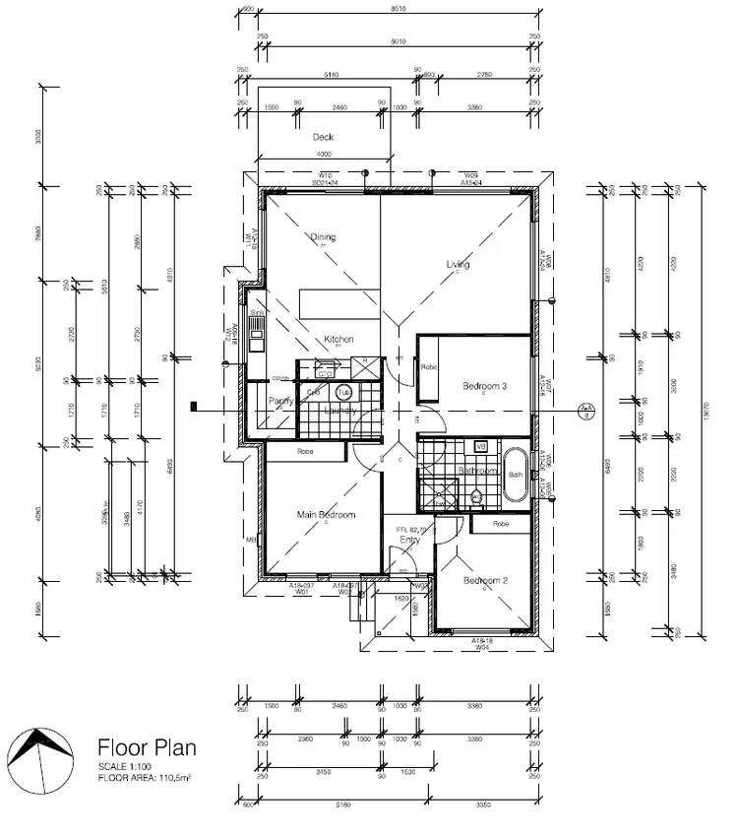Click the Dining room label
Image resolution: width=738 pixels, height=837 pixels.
(x=323, y=236)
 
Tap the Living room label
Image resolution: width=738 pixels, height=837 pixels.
(x=458, y=264)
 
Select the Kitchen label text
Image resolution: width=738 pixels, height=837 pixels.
(x=338, y=339)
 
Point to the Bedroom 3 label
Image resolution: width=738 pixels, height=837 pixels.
(x=484, y=387)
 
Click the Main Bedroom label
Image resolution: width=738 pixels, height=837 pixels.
(x=326, y=515)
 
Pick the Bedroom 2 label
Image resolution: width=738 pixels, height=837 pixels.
(x=485, y=580)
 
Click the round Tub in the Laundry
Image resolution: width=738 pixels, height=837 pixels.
(x=343, y=392)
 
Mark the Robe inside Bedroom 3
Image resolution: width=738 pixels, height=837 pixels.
(x=428, y=367)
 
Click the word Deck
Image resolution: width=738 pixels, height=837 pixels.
(x=323, y=137)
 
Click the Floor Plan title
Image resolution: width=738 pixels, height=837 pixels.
(x=146, y=747)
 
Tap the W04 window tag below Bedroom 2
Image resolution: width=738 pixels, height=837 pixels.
(x=482, y=647)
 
